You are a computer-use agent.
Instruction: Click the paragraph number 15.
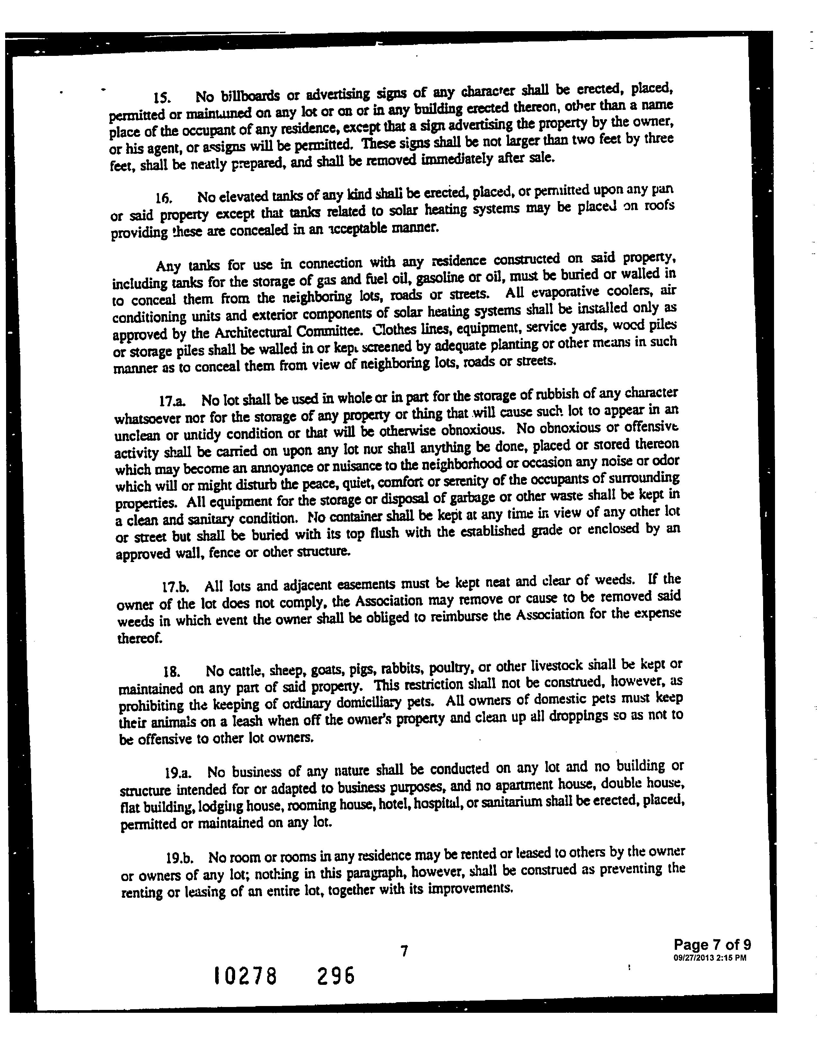point(161,98)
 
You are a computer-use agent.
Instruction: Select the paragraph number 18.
point(172,673)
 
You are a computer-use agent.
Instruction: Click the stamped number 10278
point(245,975)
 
